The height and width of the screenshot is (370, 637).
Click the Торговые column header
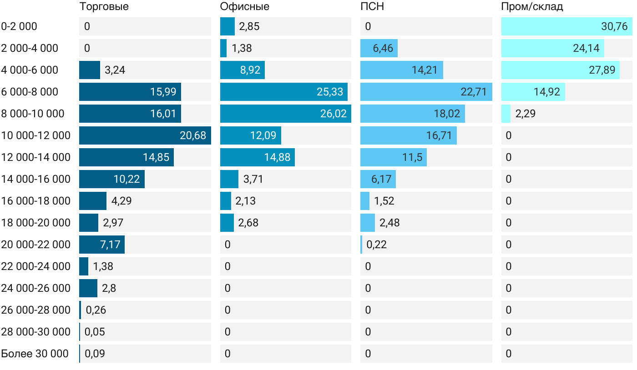coord(104,7)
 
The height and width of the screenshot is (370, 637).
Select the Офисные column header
coord(244,7)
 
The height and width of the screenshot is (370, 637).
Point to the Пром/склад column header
coord(532,7)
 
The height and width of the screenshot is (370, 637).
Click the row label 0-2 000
coord(19,26)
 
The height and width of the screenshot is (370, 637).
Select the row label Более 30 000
coord(35,354)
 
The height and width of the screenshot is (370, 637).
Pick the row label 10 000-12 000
coord(36,135)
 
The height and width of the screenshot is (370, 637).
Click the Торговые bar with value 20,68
coord(145,135)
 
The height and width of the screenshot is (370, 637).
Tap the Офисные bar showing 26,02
coord(285,114)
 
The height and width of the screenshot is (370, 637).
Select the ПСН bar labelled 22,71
coord(426,92)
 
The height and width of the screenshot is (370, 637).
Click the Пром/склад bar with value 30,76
coord(566,26)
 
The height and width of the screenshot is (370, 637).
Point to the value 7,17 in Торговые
coord(110,245)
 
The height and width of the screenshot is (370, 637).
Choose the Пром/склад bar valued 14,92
coord(533,92)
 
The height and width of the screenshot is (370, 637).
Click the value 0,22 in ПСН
coord(377,245)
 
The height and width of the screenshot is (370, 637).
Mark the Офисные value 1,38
coord(242,48)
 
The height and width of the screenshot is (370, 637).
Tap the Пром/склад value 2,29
coord(526,114)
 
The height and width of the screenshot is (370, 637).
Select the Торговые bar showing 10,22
coord(111,179)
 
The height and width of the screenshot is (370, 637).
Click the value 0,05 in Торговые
coord(95,332)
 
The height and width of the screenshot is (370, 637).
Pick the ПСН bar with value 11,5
coord(393,157)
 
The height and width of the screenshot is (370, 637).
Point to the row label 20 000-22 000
coord(36,245)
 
